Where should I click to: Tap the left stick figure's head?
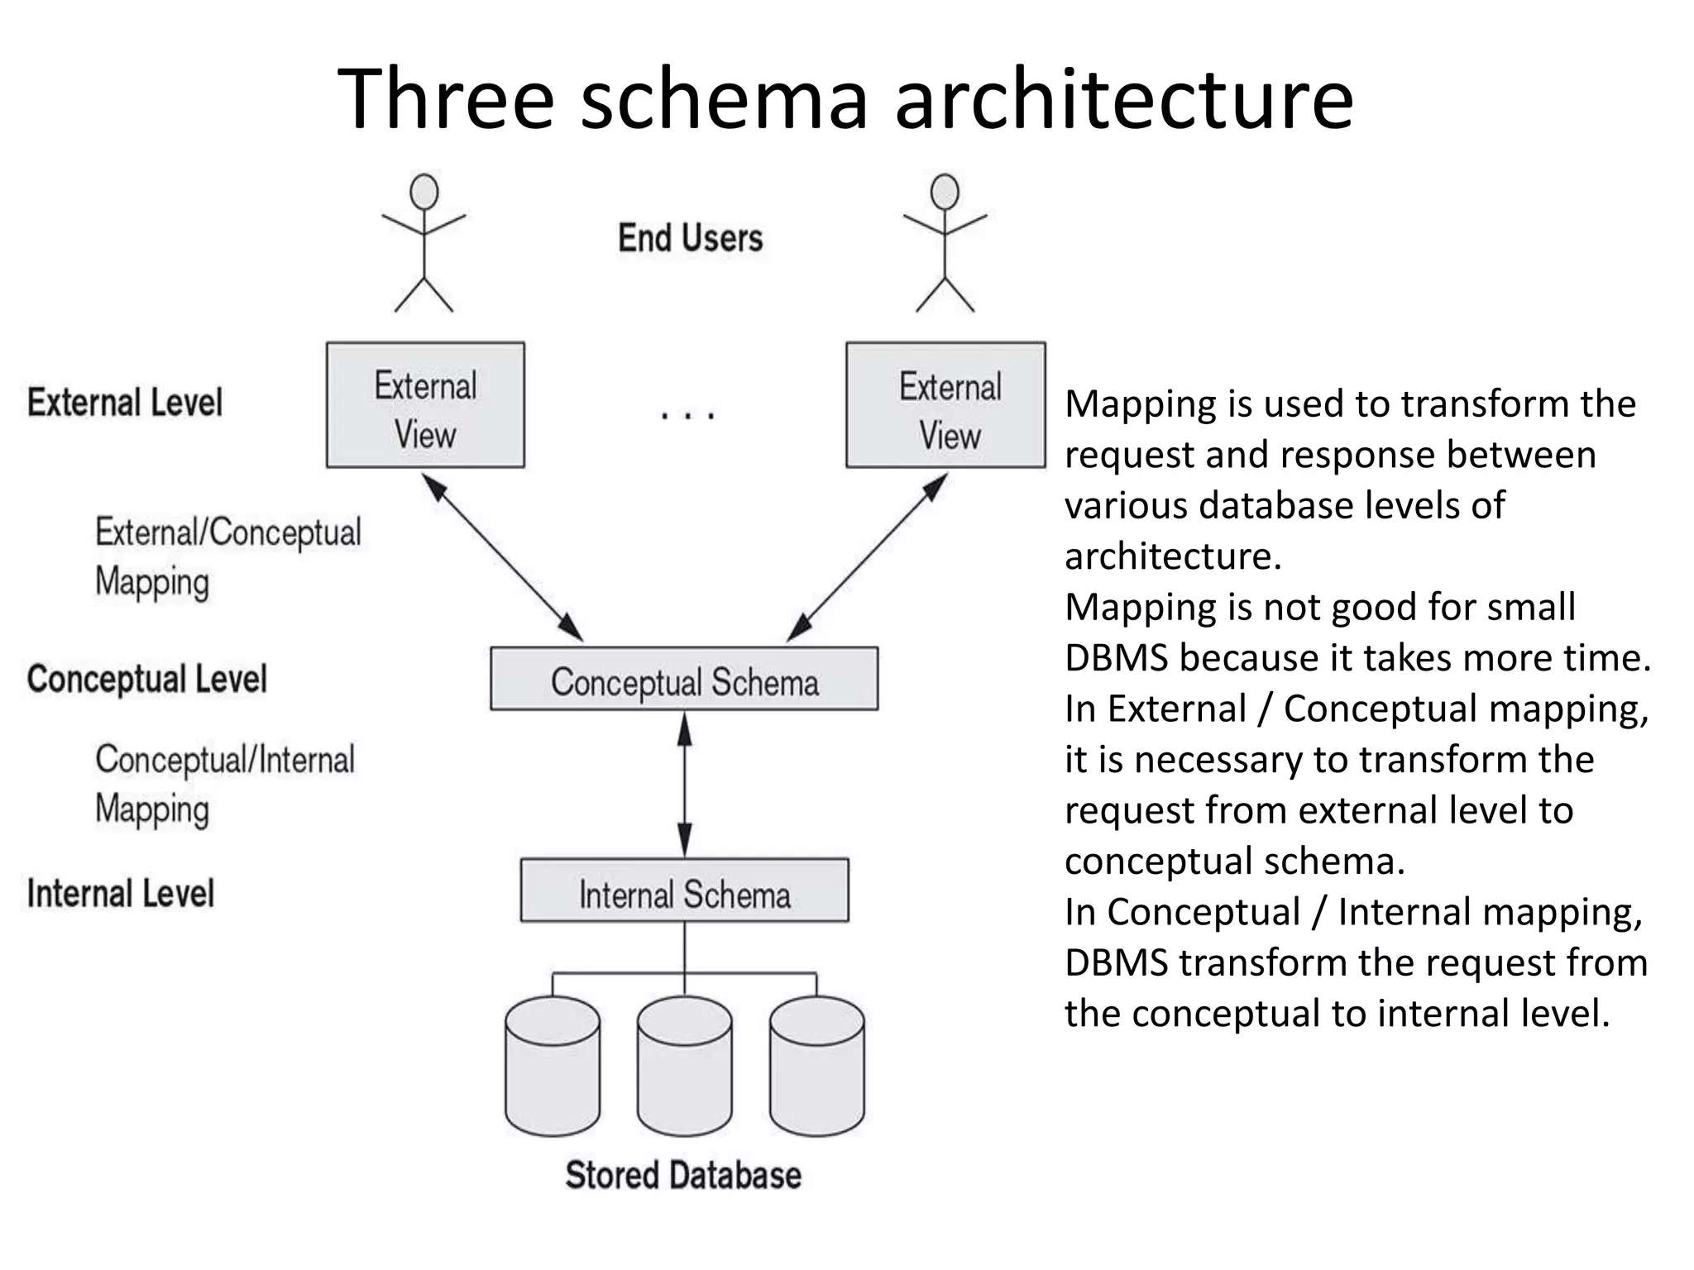click(424, 192)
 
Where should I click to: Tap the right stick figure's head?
click(945, 192)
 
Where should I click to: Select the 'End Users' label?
click(690, 238)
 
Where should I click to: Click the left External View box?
click(425, 405)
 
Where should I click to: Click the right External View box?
click(945, 405)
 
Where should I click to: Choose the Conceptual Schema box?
click(684, 679)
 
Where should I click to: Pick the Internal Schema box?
click(684, 890)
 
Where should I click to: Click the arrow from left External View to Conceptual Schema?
click(502, 557)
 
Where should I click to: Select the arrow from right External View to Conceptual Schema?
click(867, 557)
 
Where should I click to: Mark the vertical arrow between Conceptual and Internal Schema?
click(685, 784)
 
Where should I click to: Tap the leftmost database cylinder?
click(553, 1067)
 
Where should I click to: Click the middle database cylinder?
click(685, 1067)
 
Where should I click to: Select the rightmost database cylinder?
click(817, 1067)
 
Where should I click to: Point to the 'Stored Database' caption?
click(683, 1175)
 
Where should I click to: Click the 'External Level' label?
click(125, 403)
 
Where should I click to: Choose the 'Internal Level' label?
click(121, 894)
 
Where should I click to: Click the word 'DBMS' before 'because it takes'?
click(1117, 658)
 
